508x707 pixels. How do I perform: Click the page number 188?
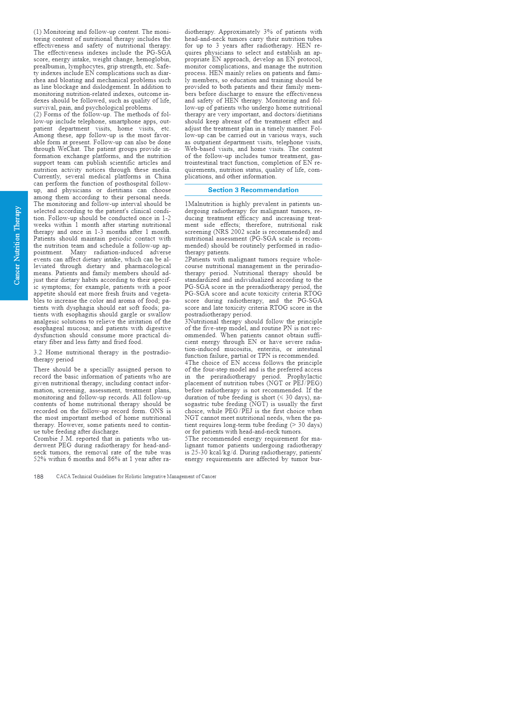pyautogui.click(x=38, y=476)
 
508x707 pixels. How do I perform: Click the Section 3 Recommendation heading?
pyautogui.click(x=253, y=190)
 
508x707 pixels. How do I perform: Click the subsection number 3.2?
pyautogui.click(x=38, y=353)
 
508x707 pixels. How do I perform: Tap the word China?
pyautogui.click(x=163, y=177)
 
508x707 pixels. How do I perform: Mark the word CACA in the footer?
pyautogui.click(x=63, y=476)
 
